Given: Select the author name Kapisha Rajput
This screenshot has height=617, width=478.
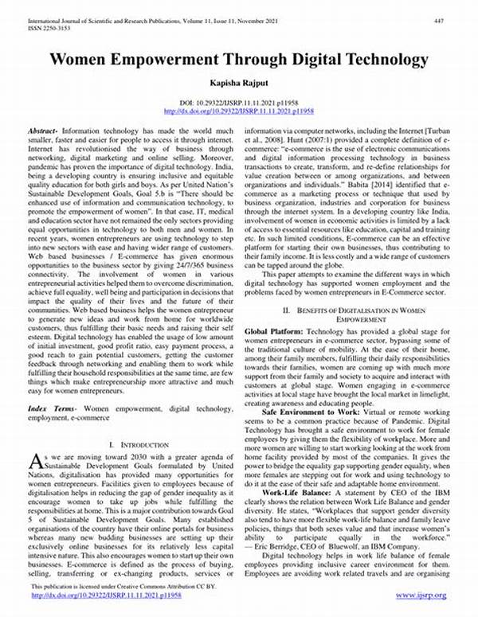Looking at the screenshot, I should point(239,82).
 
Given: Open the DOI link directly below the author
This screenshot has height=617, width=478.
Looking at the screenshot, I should point(239,111).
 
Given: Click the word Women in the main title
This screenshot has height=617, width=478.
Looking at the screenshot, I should point(82,59).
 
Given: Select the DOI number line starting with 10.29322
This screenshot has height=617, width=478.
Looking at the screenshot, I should point(239,104).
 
